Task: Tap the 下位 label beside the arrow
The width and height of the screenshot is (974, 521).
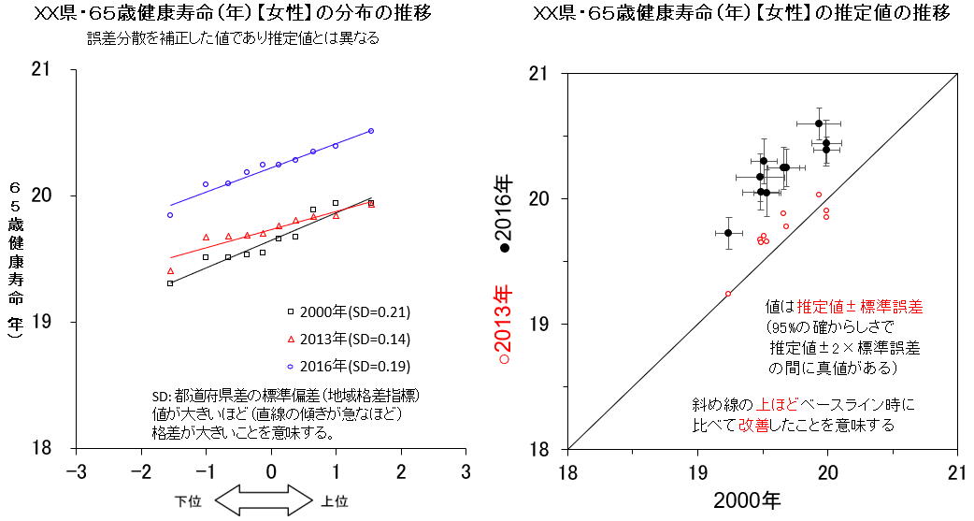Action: pos(188,501)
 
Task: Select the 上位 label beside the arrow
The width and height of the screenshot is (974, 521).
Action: pos(335,501)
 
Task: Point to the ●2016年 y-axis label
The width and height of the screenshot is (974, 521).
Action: pos(506,214)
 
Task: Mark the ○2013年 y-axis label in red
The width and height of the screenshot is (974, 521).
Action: pos(506,324)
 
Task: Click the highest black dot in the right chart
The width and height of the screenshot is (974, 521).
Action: pos(819,123)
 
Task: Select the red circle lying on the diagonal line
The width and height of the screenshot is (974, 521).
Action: pos(728,294)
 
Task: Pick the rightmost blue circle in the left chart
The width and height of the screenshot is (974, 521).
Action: pos(371,131)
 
